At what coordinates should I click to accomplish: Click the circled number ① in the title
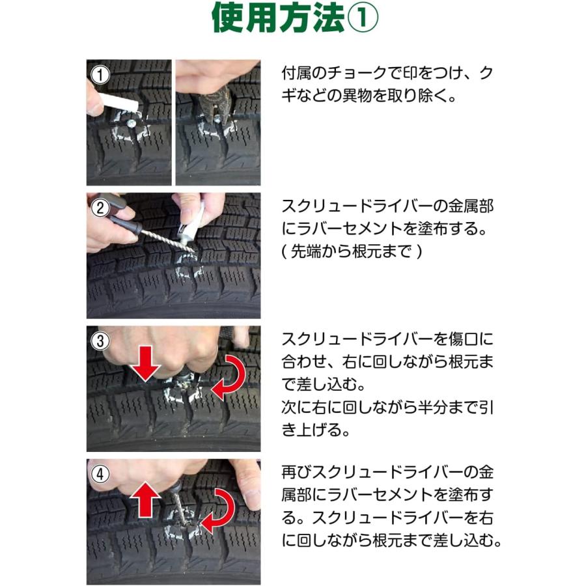[359, 20]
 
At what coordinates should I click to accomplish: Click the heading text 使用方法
[276, 20]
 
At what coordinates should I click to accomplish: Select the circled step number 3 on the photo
[99, 341]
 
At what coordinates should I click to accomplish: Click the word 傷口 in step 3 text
[471, 340]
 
